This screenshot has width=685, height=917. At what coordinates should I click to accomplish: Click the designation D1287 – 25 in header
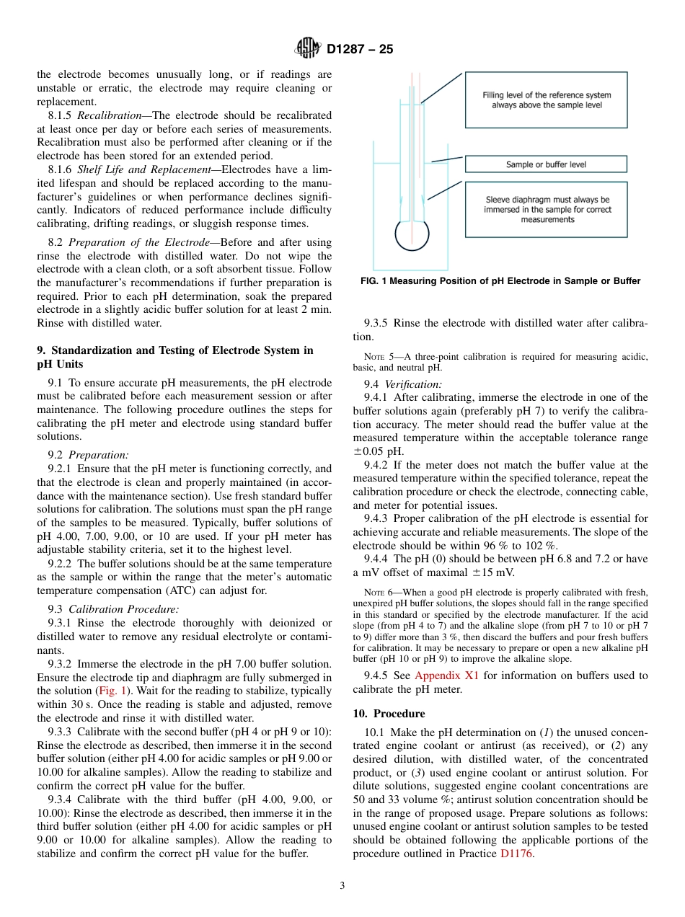click(360, 50)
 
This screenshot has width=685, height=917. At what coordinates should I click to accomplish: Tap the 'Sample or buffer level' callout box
click(546, 164)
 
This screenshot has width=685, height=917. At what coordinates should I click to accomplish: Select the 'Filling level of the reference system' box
click(546, 100)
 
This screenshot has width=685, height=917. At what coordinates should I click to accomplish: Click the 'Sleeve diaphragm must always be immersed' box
click(546, 210)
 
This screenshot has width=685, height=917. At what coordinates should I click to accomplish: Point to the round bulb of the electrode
click(412, 234)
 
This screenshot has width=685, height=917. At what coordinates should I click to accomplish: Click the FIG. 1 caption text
click(500, 281)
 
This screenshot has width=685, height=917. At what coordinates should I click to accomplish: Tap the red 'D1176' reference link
click(517, 854)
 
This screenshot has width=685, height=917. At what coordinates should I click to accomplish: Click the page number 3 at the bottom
click(342, 885)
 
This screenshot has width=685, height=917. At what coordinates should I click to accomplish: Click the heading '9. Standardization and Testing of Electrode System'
click(174, 350)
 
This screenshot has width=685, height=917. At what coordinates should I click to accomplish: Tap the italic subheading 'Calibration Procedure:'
click(123, 609)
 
